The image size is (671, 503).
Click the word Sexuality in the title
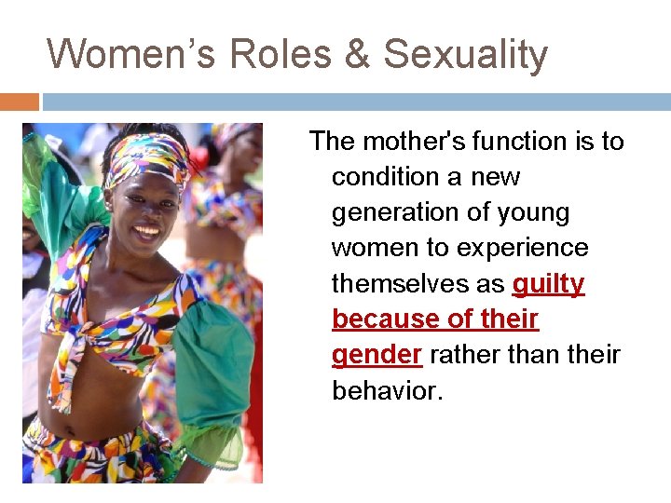pyautogui.click(x=465, y=54)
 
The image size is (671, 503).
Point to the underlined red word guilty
pyautogui.click(x=548, y=283)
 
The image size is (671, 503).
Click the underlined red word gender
pyautogui.click(x=377, y=354)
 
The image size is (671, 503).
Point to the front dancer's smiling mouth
pyautogui.click(x=146, y=229)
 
